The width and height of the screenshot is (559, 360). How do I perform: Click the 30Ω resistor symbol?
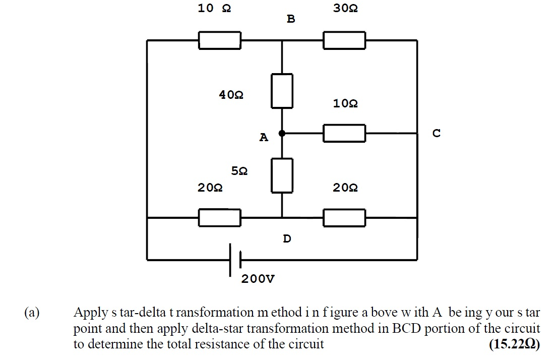(344, 40)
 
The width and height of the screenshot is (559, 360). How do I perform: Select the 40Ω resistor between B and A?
(282, 91)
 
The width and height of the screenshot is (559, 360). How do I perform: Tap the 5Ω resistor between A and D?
(282, 175)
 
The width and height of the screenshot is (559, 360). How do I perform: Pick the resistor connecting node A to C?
(344, 133)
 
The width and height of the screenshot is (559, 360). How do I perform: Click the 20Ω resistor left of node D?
(219, 218)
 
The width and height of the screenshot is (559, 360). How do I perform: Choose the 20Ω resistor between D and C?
(344, 218)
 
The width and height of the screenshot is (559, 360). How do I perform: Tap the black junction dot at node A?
(282, 133)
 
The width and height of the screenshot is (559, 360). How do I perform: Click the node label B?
(291, 19)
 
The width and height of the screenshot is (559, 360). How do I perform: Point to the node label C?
(437, 133)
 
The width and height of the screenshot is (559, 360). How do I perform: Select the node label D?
(287, 238)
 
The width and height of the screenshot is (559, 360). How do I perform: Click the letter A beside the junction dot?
(264, 137)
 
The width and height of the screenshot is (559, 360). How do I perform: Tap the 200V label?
(258, 279)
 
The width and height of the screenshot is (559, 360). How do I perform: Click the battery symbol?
(235, 260)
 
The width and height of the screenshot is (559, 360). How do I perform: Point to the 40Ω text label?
(231, 95)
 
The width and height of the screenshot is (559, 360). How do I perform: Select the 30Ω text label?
(345, 9)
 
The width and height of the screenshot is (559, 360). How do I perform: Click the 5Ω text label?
(239, 171)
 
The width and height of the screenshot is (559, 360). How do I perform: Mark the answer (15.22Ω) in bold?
(514, 344)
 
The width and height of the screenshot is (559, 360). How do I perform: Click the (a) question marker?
(32, 313)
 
